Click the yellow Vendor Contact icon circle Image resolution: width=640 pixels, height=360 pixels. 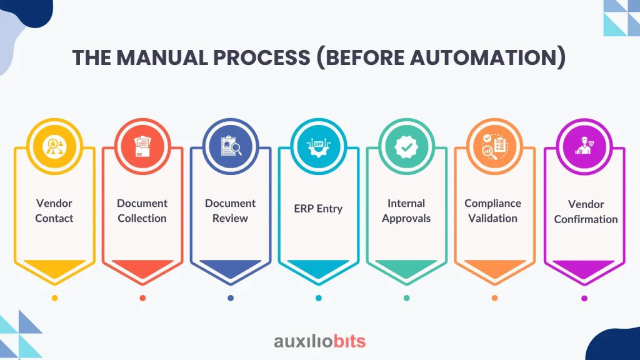point(54,146)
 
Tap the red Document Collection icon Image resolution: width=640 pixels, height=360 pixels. point(142,146)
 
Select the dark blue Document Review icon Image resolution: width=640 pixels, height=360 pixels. point(231,146)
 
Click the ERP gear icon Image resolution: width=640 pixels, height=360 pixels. point(318,146)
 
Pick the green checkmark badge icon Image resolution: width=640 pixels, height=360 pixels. point(406,146)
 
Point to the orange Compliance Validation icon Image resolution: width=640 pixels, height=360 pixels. point(495,146)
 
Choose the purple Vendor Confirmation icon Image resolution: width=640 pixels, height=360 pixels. point(584,146)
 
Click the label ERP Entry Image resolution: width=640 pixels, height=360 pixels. point(318,209)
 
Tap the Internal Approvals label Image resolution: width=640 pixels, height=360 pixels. point(406,211)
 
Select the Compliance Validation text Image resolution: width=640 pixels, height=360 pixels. point(492,211)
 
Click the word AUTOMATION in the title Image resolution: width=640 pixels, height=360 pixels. point(484,57)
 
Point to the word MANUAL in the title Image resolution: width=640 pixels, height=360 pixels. point(162,57)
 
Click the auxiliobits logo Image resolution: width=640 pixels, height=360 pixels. point(319,341)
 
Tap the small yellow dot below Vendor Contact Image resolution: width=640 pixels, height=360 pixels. point(55,298)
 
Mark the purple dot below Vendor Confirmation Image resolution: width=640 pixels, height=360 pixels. point(584,298)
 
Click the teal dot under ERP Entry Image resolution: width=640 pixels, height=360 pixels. point(319,298)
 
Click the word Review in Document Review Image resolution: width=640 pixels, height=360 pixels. point(230,218)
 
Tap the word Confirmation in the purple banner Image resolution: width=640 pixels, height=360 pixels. point(586,219)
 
